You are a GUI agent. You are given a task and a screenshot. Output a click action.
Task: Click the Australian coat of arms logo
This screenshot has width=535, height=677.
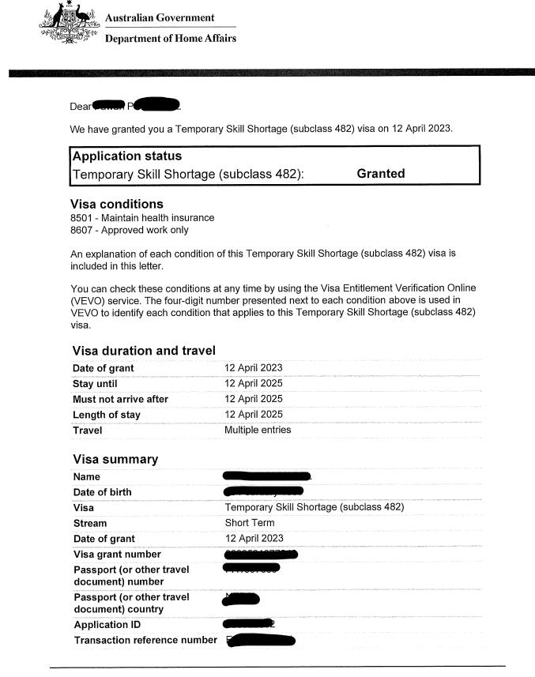[x=70, y=25]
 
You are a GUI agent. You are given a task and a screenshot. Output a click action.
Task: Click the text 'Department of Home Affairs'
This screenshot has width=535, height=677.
[x=170, y=38]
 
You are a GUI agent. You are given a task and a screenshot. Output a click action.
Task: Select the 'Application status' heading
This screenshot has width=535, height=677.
[x=126, y=156]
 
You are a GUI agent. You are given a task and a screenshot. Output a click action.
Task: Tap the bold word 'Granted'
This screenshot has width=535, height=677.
[x=381, y=174]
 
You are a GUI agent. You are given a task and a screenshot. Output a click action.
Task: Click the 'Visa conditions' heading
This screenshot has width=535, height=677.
[x=117, y=204]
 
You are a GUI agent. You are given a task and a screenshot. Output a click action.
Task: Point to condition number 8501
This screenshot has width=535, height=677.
[x=82, y=218]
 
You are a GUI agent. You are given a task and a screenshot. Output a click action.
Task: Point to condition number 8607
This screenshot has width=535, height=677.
[x=82, y=231]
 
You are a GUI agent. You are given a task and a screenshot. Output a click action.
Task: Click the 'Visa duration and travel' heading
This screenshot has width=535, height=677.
[x=144, y=351]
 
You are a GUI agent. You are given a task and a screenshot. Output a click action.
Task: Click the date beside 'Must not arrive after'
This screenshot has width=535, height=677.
[x=253, y=399]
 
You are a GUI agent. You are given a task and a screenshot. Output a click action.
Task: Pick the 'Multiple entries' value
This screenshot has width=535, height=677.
[x=258, y=430]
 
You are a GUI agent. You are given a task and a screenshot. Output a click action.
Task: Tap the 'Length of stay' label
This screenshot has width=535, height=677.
[x=107, y=415]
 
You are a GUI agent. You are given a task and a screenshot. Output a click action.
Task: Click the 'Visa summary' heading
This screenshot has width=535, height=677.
[x=115, y=459]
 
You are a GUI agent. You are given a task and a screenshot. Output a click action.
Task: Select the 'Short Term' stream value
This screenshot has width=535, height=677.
[x=249, y=523]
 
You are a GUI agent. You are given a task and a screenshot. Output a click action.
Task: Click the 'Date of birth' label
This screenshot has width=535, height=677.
[x=102, y=492]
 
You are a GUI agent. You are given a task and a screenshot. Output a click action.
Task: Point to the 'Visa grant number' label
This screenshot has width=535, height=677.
[x=117, y=555]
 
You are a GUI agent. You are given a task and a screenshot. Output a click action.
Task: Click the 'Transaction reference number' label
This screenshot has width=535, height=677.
[x=145, y=640]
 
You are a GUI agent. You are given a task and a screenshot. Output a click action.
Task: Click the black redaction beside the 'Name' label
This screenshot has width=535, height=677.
[x=267, y=476]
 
